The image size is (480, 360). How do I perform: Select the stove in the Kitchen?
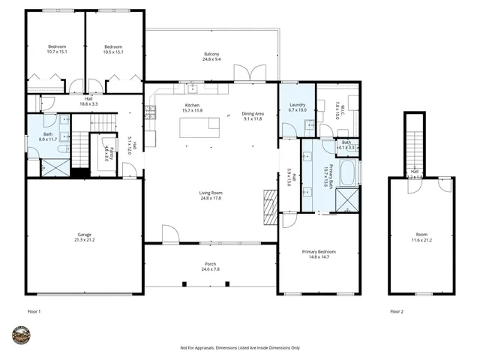(x=150, y=112)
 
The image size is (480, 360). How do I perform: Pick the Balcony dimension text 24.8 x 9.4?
(x=211, y=60)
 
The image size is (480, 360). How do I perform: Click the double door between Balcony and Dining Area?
(x=245, y=74)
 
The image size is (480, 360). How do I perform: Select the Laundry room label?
(x=298, y=106)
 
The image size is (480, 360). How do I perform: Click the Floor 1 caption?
(x=33, y=310)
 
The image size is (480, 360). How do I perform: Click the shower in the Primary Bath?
(x=346, y=199)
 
